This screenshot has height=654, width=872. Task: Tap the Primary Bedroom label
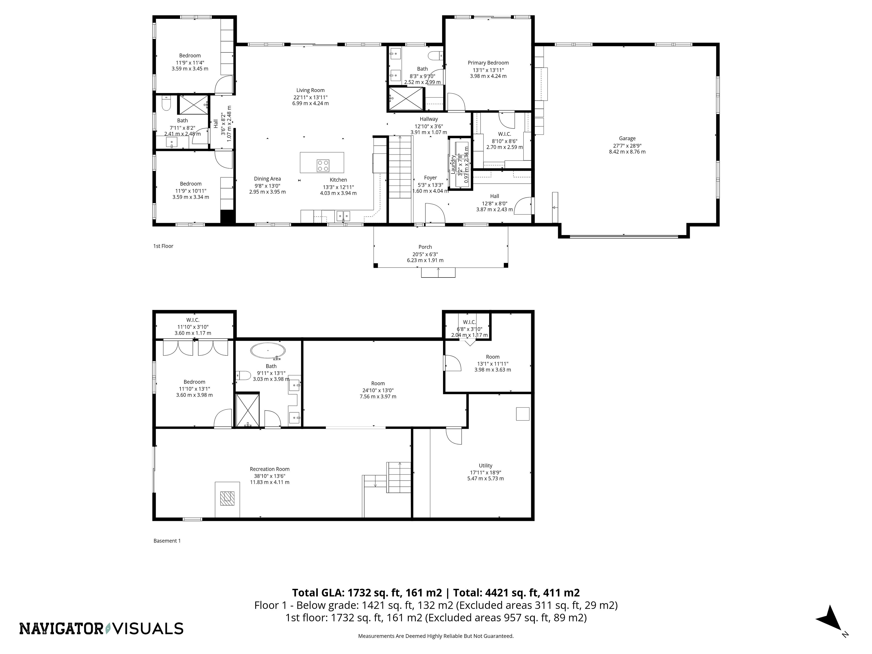click(x=488, y=63)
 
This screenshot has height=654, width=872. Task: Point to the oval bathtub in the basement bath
click(x=268, y=350)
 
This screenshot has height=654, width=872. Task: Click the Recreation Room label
click(x=270, y=469)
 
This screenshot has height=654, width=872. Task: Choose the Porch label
click(x=425, y=247)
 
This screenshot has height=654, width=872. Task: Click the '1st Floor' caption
click(x=163, y=246)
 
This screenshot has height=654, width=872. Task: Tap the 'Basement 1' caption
click(x=167, y=541)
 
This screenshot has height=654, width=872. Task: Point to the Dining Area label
click(x=267, y=178)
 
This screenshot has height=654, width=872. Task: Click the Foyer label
click(x=431, y=178)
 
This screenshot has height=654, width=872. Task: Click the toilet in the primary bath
click(x=436, y=55)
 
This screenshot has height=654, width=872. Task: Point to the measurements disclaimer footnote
click(x=436, y=636)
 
